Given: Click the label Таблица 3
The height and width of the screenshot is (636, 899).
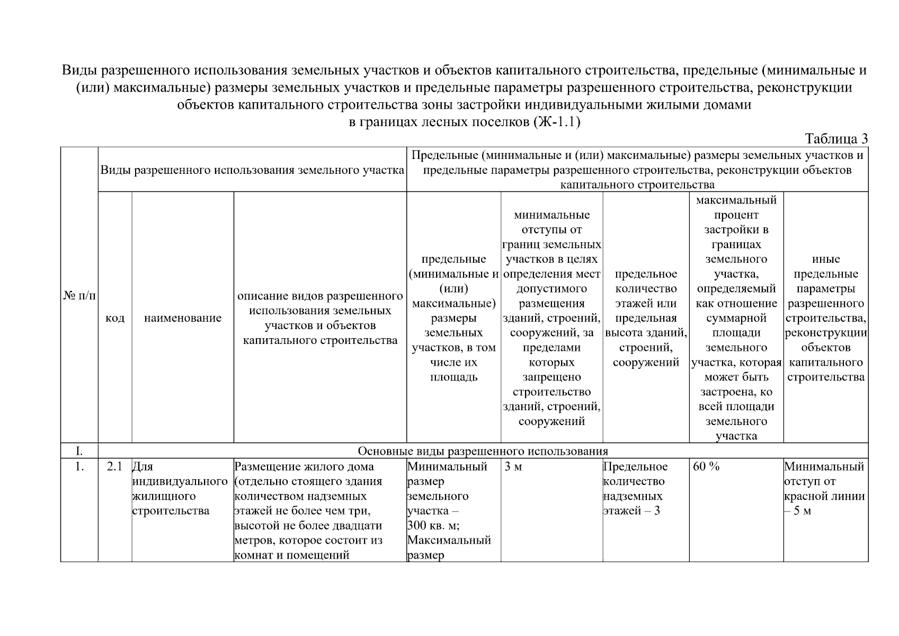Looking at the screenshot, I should (x=836, y=139).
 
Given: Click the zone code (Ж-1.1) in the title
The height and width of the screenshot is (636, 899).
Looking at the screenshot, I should (x=559, y=122).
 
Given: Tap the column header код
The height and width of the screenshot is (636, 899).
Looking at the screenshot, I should (x=115, y=318).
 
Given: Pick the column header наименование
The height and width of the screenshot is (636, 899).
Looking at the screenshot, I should (x=183, y=318).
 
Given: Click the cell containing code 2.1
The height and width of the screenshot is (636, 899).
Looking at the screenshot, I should (x=114, y=467).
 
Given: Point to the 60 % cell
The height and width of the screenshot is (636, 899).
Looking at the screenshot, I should (x=706, y=467).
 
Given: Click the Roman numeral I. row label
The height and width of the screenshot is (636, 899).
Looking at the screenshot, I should (x=79, y=451).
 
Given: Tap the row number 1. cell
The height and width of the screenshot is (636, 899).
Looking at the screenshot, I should (x=79, y=467).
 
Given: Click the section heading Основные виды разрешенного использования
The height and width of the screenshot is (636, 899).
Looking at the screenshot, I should (x=483, y=451).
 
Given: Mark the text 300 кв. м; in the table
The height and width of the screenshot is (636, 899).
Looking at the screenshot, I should (x=433, y=526).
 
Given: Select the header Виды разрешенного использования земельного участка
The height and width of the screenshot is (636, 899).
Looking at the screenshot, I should (x=252, y=170).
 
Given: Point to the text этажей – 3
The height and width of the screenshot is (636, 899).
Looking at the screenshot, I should (x=631, y=511).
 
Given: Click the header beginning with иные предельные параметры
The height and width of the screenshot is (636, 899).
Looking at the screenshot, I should (x=825, y=318).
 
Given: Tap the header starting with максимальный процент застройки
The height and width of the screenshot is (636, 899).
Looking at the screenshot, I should (x=736, y=318).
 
